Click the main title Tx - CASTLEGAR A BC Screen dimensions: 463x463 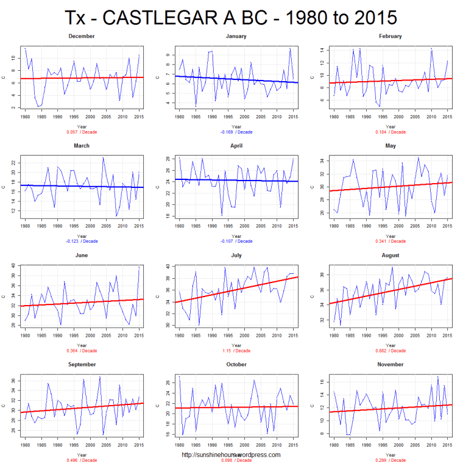pos(231,17)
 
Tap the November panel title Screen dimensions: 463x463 pos(390,364)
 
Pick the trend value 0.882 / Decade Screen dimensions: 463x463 pos(390,350)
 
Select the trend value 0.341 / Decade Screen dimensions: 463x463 pos(390,241)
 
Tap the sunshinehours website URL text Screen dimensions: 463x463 pos(231,454)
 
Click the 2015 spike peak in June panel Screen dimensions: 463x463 pos(139,267)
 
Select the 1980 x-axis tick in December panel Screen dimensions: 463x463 pos(25,116)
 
